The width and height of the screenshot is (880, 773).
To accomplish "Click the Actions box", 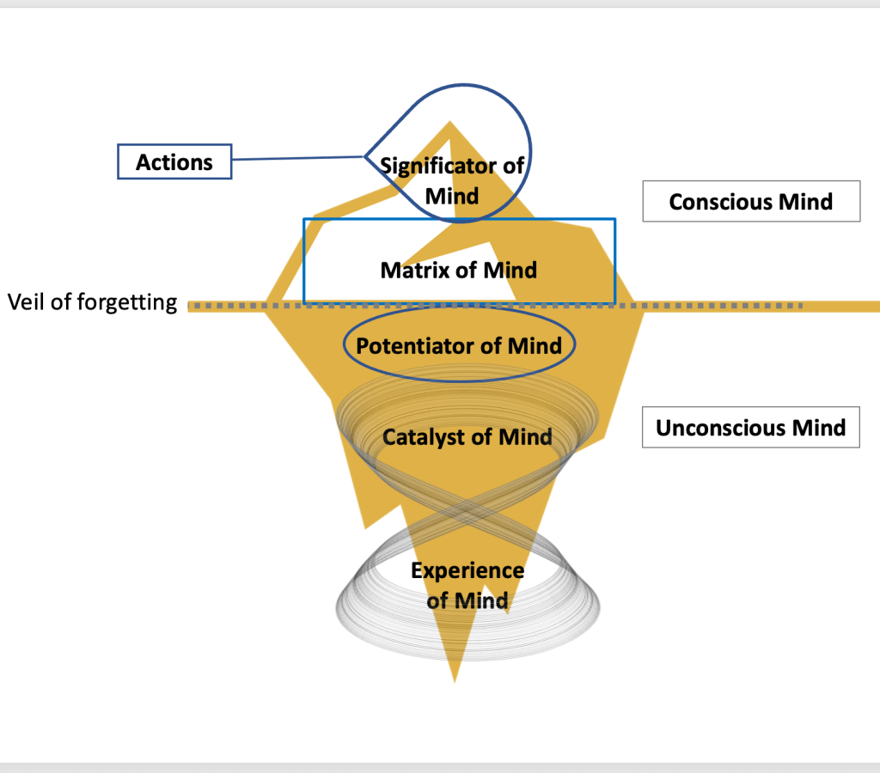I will pos(174,161).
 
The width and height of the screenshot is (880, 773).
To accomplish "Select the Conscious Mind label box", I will pos(751,202).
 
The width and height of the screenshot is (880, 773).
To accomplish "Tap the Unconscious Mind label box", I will pos(751,428).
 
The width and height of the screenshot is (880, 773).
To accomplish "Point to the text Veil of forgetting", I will pos(92,302).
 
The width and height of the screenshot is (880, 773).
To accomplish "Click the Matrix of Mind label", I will pos(459,270).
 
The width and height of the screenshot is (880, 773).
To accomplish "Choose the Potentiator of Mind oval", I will pos(459,346).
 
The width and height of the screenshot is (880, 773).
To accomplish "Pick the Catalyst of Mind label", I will pos(467,437).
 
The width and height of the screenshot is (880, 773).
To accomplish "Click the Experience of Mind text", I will pos(467,585).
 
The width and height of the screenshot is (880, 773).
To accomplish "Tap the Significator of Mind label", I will pos(452,180).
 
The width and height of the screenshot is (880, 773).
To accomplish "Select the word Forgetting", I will pos(135,302).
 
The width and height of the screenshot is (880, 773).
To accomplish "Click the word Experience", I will pos(467,571).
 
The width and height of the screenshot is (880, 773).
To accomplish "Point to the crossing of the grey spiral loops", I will pos(465,511).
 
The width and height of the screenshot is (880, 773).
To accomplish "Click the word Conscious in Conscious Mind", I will pos(720,202).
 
